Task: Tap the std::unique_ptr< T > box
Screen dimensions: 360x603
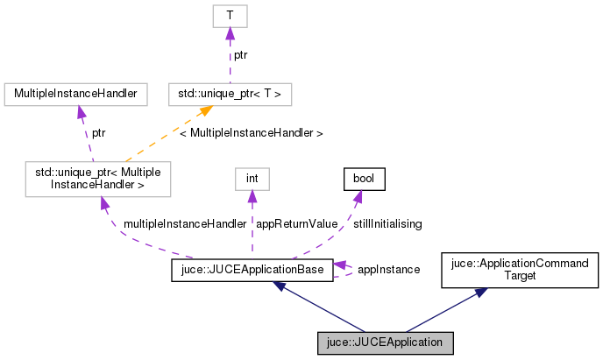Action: tap(229, 92)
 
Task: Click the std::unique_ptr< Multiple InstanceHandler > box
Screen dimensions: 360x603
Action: tap(98, 178)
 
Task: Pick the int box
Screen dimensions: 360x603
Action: tap(252, 178)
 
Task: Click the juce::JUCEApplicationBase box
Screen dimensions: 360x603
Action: tap(252, 270)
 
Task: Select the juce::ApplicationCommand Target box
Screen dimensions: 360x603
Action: tap(520, 270)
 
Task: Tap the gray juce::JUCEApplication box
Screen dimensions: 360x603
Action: tap(386, 342)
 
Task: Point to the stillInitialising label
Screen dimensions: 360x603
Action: tap(387, 224)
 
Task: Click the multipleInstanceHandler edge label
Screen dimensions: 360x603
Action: tap(185, 224)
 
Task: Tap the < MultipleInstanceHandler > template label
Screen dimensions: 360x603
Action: tap(251, 133)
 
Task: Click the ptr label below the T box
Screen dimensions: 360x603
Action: tap(239, 54)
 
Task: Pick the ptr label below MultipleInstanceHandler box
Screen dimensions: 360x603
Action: tap(100, 133)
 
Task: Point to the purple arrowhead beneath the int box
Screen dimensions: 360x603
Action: tap(252, 199)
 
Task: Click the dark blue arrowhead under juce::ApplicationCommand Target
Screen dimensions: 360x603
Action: tap(479, 293)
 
